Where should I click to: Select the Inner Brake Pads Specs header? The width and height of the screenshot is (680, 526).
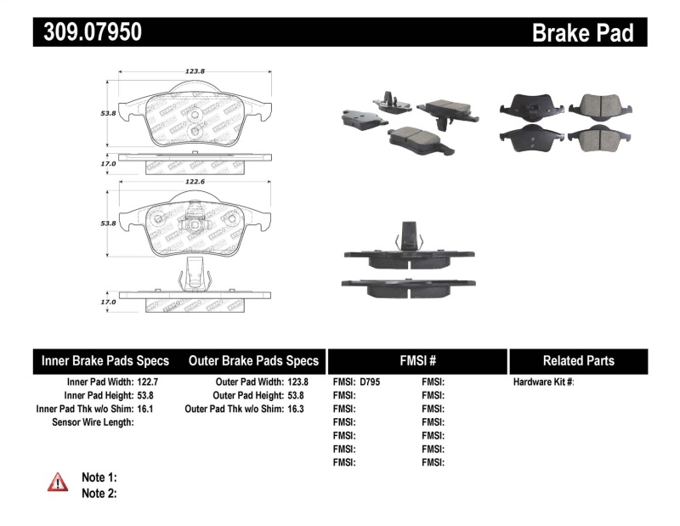tap(105, 360)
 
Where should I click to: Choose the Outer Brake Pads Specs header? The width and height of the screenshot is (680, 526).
tap(253, 360)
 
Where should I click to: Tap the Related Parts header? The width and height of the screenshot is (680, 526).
tap(578, 360)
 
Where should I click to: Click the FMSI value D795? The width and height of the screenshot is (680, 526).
tap(371, 382)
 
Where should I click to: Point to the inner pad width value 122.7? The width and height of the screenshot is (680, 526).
tap(147, 382)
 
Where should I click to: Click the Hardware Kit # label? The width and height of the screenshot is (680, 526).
tap(543, 382)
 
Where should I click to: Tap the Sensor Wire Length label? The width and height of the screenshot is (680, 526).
tap(93, 422)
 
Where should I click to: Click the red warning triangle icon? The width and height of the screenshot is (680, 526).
tap(58, 482)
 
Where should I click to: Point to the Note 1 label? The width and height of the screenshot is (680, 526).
tap(99, 477)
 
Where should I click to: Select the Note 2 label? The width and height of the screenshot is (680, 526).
tap(99, 493)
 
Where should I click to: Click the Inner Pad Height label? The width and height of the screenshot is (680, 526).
tap(97, 396)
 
